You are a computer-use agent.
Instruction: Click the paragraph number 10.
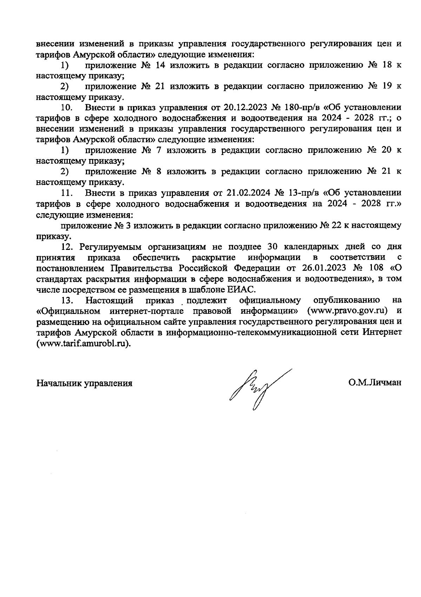coord(67,107)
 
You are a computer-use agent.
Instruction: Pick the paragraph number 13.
coord(67,300)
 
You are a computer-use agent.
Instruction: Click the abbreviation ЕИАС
coord(243,290)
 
